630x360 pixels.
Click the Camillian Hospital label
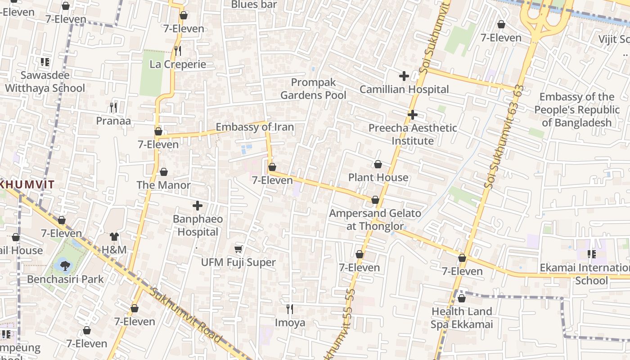[x=404, y=89]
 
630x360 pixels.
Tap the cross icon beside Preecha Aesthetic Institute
[x=413, y=115]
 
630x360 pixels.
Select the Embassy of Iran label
[x=255, y=127]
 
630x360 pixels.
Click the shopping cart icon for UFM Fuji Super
[x=238, y=249]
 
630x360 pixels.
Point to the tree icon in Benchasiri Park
[x=65, y=265]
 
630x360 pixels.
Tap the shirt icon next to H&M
[x=114, y=237]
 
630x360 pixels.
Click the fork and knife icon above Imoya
[x=290, y=309]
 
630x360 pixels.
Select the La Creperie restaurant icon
[x=178, y=51]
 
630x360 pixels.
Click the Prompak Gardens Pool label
[x=314, y=89]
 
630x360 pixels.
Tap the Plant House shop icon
[x=378, y=165]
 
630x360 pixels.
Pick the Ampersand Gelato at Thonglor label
[x=375, y=219]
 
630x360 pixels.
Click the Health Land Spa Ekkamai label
[x=462, y=318]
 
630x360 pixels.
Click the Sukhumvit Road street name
[x=185, y=315]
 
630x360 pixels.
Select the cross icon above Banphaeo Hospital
[x=197, y=206]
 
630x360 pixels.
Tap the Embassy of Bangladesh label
[x=576, y=110]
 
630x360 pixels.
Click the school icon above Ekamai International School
[x=592, y=254]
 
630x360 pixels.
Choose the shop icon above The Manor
[x=163, y=172]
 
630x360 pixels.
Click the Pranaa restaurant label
[x=113, y=121]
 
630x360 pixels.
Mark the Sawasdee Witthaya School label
[x=45, y=81]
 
